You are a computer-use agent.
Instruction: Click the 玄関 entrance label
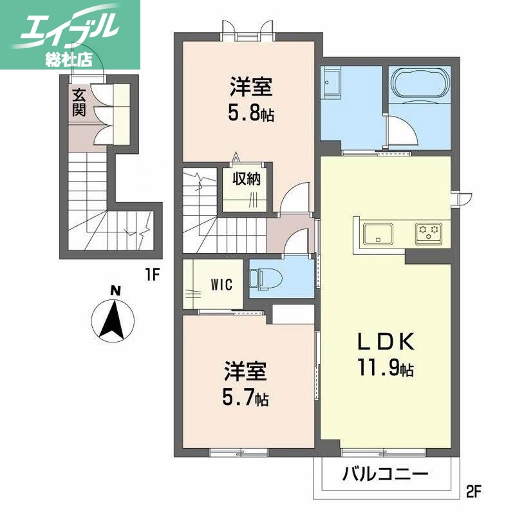coord(79,102)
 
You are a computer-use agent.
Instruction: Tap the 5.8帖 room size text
coord(251,115)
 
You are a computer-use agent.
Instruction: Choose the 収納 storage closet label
coord(247,179)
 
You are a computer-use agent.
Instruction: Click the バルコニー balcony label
coord(386,476)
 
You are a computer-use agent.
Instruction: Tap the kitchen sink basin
coord(379,233)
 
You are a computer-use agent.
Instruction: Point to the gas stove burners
coord(427,233)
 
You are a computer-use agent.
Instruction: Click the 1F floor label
coord(152,275)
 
